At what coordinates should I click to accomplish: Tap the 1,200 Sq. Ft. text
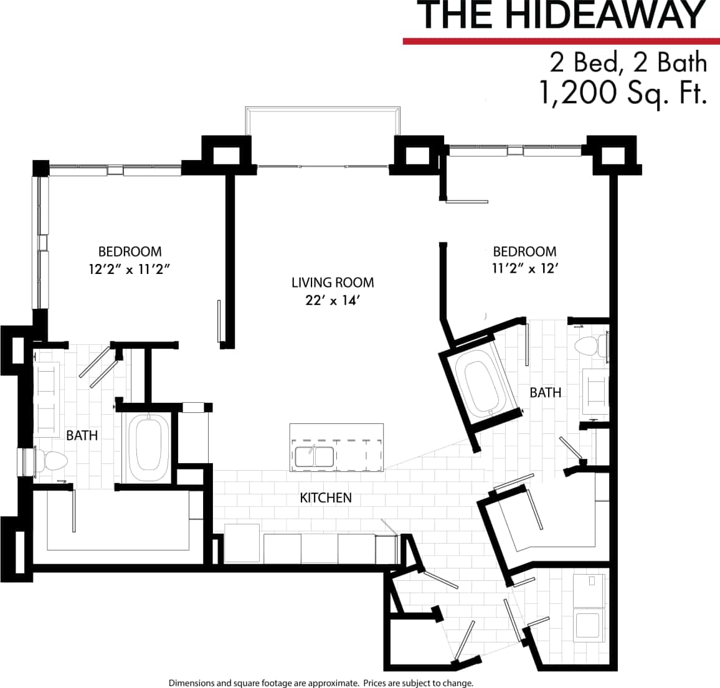click(623, 93)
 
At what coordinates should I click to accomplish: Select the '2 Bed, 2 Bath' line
click(628, 63)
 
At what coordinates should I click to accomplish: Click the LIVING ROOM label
click(333, 283)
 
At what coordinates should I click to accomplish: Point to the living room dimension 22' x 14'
click(333, 301)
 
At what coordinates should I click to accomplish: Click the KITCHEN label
click(326, 497)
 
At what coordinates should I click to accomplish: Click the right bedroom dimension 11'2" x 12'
click(524, 270)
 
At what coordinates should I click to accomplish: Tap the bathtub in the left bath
click(148, 446)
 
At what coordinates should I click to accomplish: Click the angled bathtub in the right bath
click(480, 384)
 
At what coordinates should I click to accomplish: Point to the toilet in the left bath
click(53, 461)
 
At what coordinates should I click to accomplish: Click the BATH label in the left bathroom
click(82, 435)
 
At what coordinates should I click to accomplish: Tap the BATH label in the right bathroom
click(545, 392)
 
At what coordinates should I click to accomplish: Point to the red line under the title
click(560, 41)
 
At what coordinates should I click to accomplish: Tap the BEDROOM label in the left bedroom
click(130, 252)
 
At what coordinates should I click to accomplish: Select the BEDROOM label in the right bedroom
click(524, 252)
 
